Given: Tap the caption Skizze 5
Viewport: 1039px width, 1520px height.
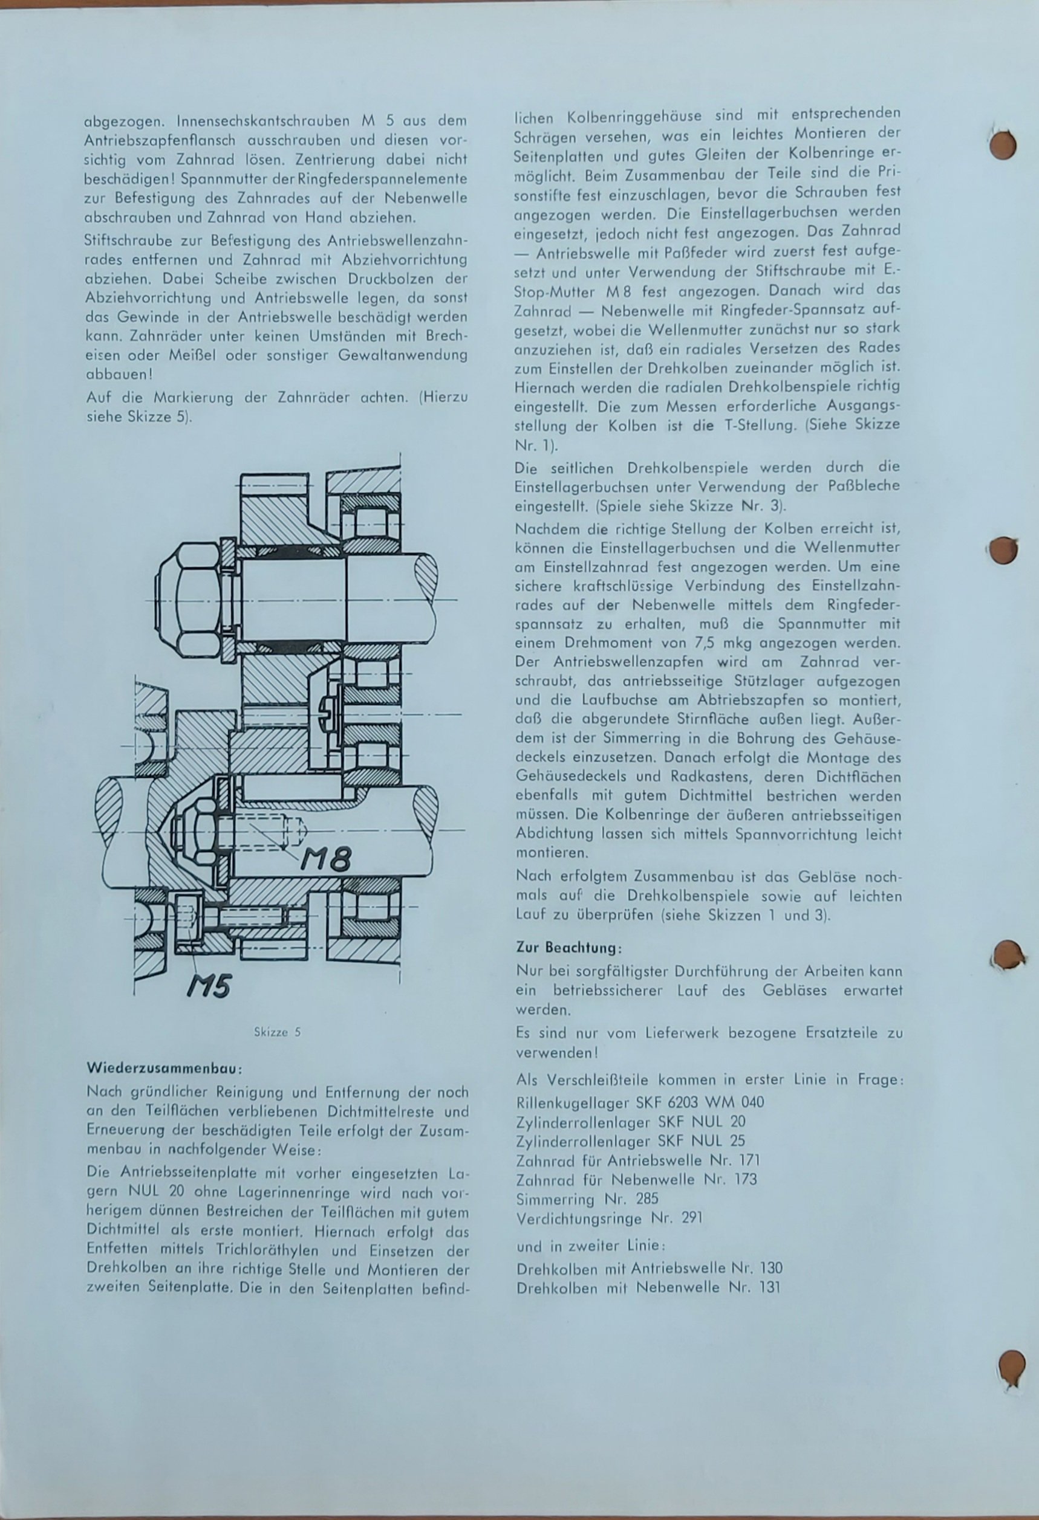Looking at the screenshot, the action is pyautogui.click(x=277, y=1033).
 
